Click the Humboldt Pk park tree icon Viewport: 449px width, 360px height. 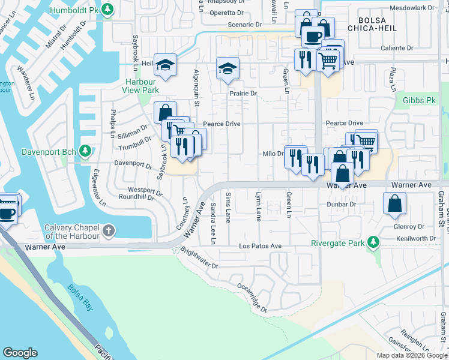pos(107,9)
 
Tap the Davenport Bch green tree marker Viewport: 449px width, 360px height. pos(86,150)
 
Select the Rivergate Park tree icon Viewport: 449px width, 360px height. pos(374,242)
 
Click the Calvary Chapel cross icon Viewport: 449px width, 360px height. pos(108,230)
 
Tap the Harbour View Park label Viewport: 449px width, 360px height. pos(142,85)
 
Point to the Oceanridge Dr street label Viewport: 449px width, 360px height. pos(252,298)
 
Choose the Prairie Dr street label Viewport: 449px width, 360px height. pos(243,94)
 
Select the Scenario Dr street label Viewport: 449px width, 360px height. pos(245,25)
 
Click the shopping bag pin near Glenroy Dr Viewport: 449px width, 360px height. pos(394,203)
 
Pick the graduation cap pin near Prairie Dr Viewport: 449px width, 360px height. pos(228,68)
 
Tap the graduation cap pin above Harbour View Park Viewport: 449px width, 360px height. pos(164,64)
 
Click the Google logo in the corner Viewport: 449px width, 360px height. pos(20,352)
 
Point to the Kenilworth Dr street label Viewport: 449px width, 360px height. pos(417,238)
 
